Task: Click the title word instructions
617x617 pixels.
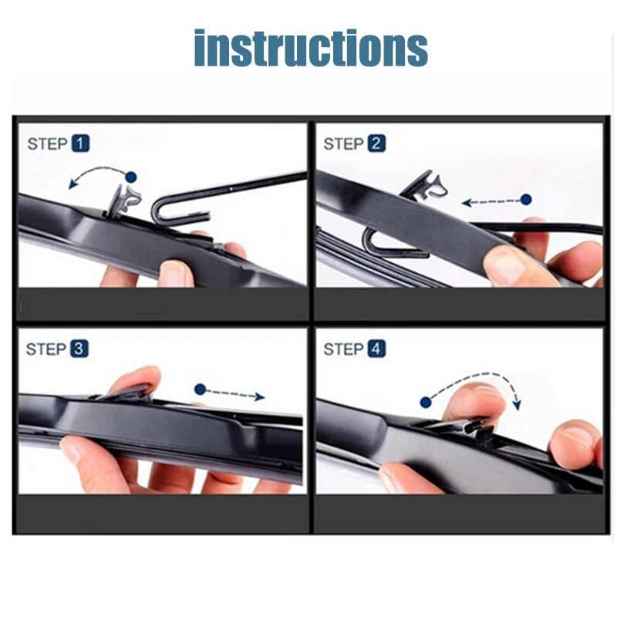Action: pyautogui.click(x=310, y=48)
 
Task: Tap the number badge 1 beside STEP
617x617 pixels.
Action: pyautogui.click(x=80, y=143)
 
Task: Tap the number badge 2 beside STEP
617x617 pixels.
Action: pyautogui.click(x=376, y=143)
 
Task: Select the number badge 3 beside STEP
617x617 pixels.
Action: pyautogui.click(x=79, y=349)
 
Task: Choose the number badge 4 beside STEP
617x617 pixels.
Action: pyautogui.click(x=376, y=349)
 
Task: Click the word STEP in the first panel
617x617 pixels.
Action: pyautogui.click(x=47, y=143)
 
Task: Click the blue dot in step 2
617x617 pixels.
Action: pyautogui.click(x=526, y=199)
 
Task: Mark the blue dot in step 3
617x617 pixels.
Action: pyautogui.click(x=201, y=389)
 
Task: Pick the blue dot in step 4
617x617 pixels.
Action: pyautogui.click(x=425, y=402)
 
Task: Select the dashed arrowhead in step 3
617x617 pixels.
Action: pyautogui.click(x=260, y=396)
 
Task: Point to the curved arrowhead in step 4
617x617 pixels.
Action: pyautogui.click(x=517, y=404)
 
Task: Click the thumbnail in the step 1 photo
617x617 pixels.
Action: pyautogui.click(x=178, y=271)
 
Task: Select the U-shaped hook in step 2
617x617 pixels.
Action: pyautogui.click(x=382, y=245)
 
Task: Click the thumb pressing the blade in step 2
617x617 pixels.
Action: pyautogui.click(x=509, y=266)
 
